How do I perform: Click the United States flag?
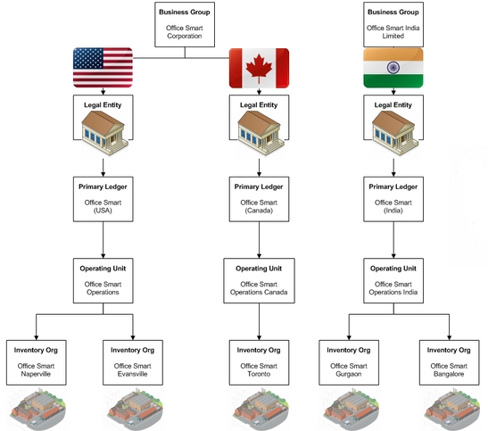pos(103,68)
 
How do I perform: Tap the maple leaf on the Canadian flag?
pos(259,68)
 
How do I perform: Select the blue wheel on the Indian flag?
pos(393,68)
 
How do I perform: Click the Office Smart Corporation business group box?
pos(185,25)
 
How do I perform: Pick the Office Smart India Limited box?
pos(393,25)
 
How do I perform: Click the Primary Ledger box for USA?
pos(103,199)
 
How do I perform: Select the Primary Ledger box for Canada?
pos(259,199)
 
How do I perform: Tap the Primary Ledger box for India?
pos(393,199)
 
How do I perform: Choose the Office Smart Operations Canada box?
pos(259,281)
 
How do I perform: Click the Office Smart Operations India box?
pos(393,281)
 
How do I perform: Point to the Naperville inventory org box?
pos(36,362)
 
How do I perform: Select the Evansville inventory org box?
pos(133,362)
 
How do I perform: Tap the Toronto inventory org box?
pos(259,362)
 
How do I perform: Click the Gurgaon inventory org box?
pos(349,362)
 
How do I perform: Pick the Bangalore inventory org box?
pos(449,362)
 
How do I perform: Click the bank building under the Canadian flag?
pos(261,133)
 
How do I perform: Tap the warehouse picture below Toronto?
pos(261,409)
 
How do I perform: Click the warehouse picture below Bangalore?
pos(451,409)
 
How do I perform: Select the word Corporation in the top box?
pos(185,36)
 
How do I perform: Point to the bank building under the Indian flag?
pos(395,133)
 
